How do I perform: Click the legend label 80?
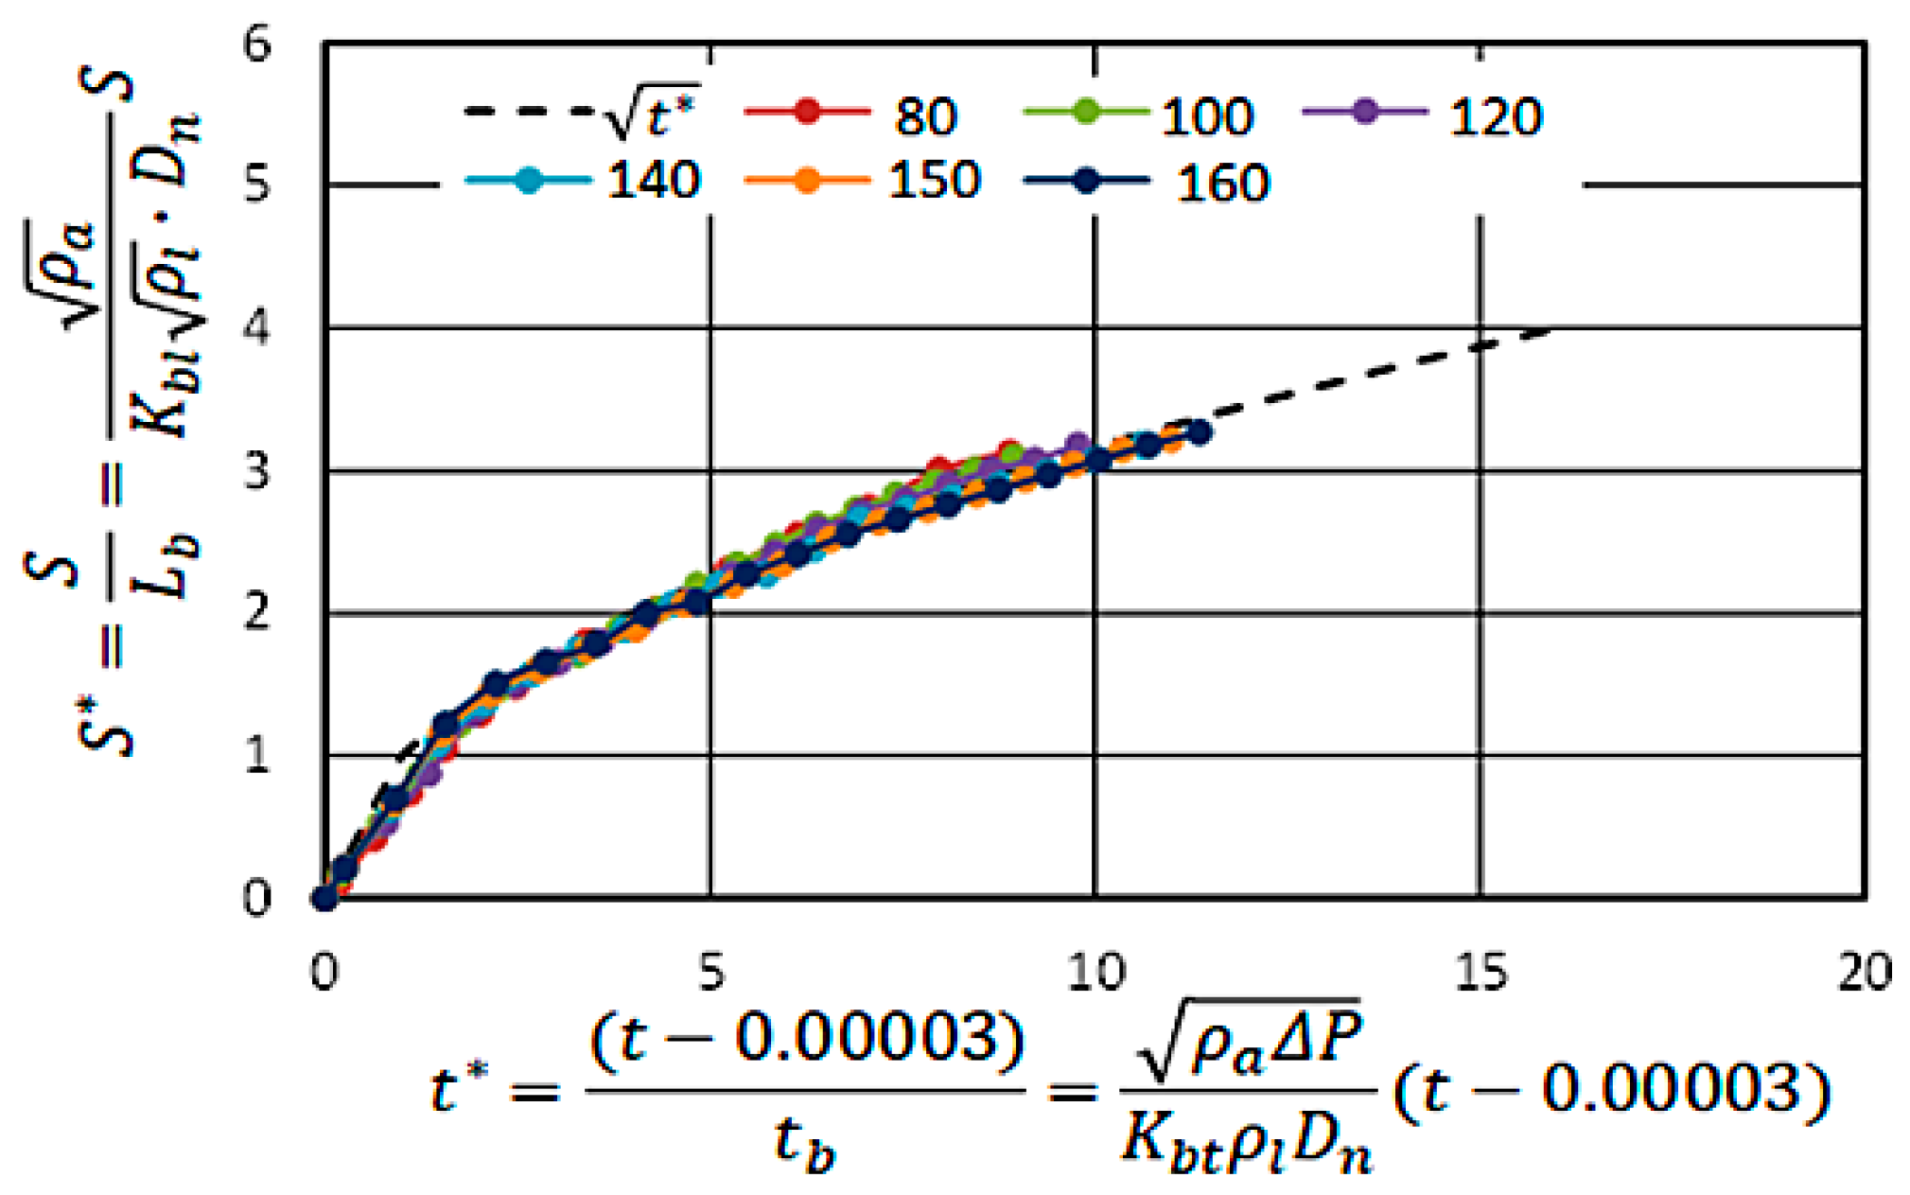(925, 116)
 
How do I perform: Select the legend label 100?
(1207, 116)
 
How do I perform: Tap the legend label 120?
(1495, 116)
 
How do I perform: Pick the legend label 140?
(653, 180)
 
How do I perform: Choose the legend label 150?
(934, 180)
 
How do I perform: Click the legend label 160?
(1221, 183)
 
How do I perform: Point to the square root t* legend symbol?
(651, 114)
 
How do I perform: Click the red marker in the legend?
(806, 111)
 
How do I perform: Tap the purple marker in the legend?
(1364, 111)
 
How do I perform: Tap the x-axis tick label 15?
(1481, 972)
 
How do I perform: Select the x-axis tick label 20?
(1864, 972)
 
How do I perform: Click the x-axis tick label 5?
(710, 972)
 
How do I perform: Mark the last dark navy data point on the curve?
(1199, 432)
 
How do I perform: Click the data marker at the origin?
(324, 898)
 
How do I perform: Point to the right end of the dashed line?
(1550, 331)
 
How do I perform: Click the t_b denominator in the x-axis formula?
(804, 1143)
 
